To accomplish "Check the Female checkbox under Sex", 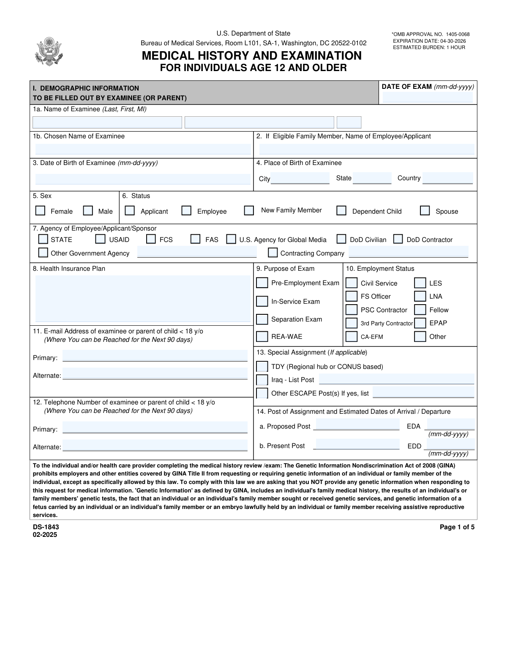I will click(41, 211).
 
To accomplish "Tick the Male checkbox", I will click(88, 211).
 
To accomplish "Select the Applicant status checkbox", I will click(130, 211).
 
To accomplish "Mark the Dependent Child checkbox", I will click(341, 211).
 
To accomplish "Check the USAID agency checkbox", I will click(100, 239).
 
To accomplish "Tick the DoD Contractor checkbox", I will click(398, 239).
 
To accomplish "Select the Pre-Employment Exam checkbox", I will click(262, 283).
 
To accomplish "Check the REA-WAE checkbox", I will click(262, 336).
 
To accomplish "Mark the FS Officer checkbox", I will click(351, 296).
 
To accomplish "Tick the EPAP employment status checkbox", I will click(420, 323).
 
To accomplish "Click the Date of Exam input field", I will click(428, 97).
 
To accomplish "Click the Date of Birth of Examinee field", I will click(142, 179).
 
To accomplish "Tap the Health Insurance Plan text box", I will click(142, 299).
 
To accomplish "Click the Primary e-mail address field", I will click(155, 356).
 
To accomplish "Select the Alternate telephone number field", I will click(155, 445).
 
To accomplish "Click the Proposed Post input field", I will click(357, 424).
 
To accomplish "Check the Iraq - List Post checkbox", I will click(262, 380).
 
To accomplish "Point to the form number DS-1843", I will click(46, 527).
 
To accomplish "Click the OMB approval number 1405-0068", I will click(457, 34).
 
